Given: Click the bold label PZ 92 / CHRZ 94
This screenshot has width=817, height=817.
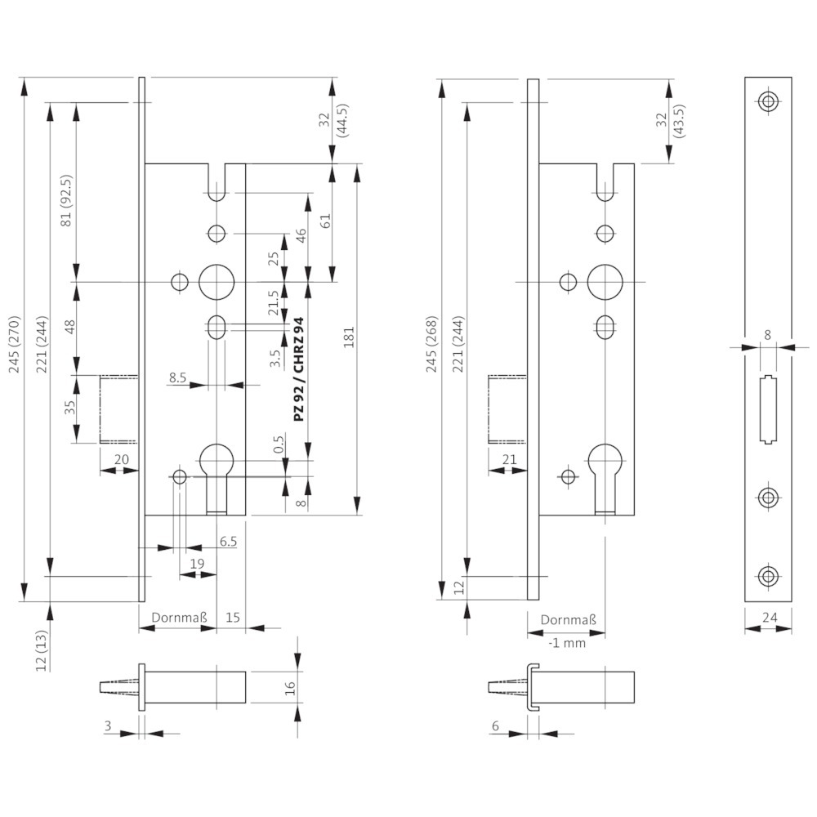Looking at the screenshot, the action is (x=298, y=369).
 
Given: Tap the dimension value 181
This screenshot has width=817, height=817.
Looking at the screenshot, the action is (x=349, y=337).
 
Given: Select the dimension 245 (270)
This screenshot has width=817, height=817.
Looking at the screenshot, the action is (x=14, y=345).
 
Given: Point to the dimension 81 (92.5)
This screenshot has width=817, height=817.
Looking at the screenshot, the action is (x=66, y=201).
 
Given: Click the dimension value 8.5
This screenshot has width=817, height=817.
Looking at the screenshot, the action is (x=177, y=377).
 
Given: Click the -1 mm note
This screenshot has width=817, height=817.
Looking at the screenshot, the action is (x=568, y=643).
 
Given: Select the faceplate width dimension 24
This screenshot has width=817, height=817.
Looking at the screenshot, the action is (x=769, y=618).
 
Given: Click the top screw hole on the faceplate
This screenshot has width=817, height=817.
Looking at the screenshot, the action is (x=768, y=101).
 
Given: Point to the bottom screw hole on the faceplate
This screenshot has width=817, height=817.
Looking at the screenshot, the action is (x=768, y=576).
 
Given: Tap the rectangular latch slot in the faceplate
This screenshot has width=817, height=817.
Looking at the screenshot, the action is (x=768, y=409).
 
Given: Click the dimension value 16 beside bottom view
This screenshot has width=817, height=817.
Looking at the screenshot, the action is (x=290, y=688).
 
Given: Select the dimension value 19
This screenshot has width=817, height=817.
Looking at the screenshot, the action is (x=197, y=564).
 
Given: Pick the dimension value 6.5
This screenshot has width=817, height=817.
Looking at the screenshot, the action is (x=228, y=542).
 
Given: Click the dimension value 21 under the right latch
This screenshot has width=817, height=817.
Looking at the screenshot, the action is (x=509, y=459).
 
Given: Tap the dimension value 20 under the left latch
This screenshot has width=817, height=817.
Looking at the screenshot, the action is (x=121, y=459).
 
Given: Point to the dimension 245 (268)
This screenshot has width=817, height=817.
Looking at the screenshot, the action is (x=432, y=345).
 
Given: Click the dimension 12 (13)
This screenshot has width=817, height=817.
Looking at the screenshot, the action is (x=42, y=651).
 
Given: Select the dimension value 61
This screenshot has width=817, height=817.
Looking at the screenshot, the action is (x=326, y=221).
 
